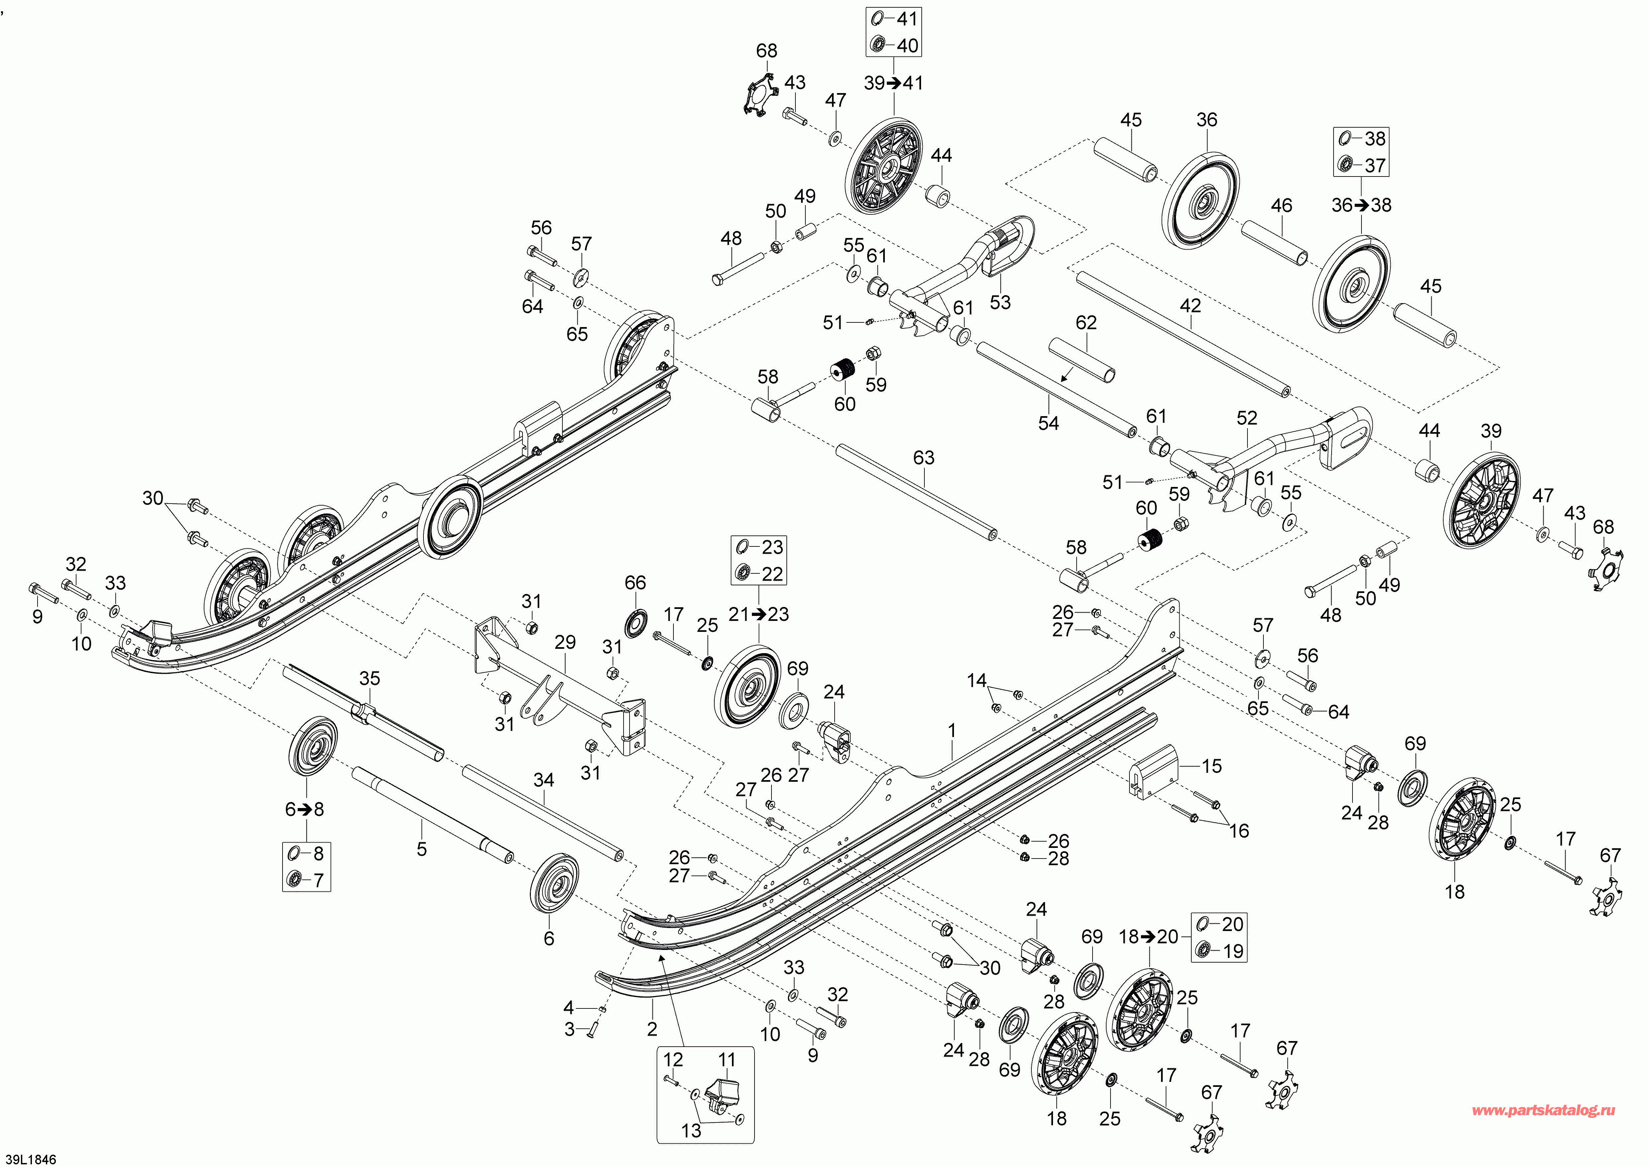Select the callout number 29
(565, 642)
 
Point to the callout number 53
(1000, 302)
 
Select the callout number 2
(651, 1029)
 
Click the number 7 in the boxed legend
(318, 880)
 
